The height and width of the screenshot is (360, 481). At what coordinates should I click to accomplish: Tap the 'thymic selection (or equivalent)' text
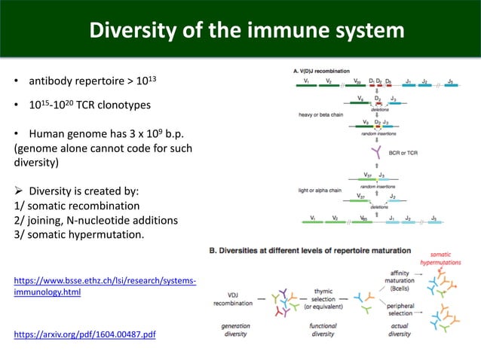(x=332, y=299)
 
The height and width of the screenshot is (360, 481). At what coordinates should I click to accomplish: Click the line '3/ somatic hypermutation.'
(x=78, y=235)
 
